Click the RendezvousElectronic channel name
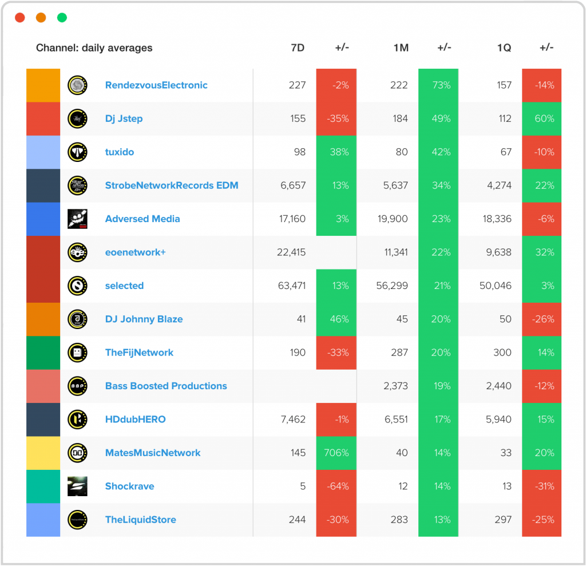156,85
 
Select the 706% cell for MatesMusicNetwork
336,453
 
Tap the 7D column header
298,48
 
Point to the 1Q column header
504,48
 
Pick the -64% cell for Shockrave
336,486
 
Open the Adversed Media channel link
142,219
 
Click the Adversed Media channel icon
77,219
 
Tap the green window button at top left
62,18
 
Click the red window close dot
20,18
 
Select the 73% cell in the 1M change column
438,85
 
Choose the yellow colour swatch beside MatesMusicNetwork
43,453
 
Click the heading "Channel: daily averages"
94,48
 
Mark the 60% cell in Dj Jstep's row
541,118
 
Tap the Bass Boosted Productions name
166,386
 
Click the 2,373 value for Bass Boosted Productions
395,386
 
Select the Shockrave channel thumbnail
77,486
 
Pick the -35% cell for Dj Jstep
336,118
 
